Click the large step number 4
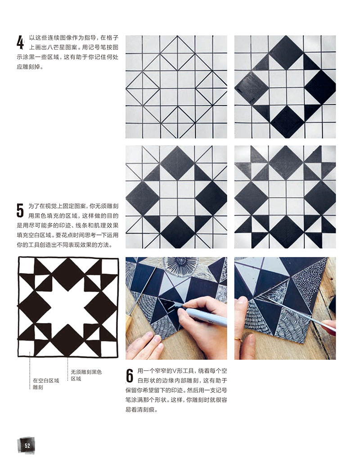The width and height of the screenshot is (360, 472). tap(20, 42)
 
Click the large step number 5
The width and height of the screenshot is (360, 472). tap(20, 210)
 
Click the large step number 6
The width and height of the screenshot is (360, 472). tap(130, 376)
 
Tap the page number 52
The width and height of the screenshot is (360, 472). tap(27, 445)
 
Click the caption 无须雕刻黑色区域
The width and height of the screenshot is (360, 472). tap(86, 375)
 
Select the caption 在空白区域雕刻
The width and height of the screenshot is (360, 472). tap(46, 384)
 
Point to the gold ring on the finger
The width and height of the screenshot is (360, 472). tap(238, 340)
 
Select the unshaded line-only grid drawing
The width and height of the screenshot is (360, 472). tap(176, 87)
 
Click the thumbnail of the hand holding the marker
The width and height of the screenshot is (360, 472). tap(176, 308)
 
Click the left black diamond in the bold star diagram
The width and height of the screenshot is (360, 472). tap(34, 306)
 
